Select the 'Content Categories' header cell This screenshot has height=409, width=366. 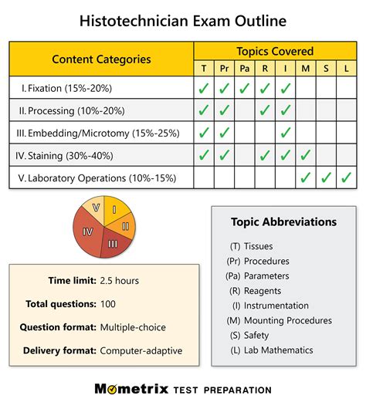coord(101,59)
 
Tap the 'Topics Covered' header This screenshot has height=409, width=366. coord(275,52)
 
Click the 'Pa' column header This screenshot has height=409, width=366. coord(245,68)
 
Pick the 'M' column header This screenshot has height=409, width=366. coord(305,68)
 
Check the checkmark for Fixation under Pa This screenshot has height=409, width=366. coord(245,88)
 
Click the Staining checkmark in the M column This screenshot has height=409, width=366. coord(305,155)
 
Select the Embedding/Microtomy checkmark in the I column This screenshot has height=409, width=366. coord(285,133)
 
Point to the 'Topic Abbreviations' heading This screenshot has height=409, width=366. coord(283,221)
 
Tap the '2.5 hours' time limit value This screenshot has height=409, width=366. coord(120,281)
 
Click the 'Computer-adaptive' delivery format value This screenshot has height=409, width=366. coord(141,350)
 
